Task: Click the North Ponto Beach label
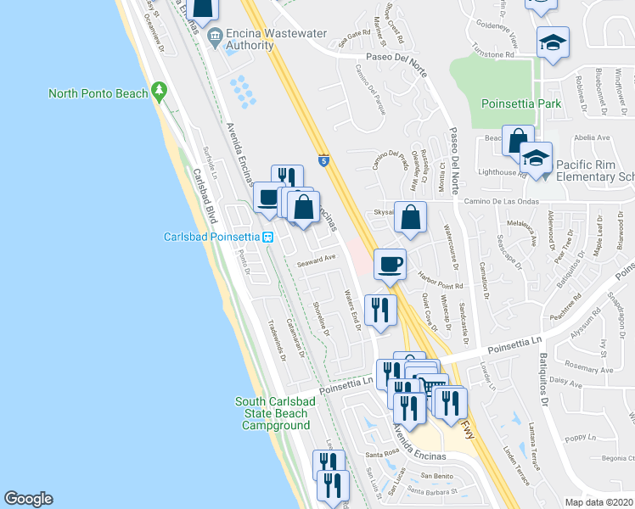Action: [x=98, y=93]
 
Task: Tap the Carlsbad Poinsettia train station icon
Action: [x=267, y=237]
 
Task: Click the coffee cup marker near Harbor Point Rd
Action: [x=390, y=265]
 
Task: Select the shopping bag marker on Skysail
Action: [x=410, y=217]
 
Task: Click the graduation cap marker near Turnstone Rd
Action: [x=553, y=42]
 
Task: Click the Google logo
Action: [x=28, y=499]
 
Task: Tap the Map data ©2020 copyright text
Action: [x=599, y=502]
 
